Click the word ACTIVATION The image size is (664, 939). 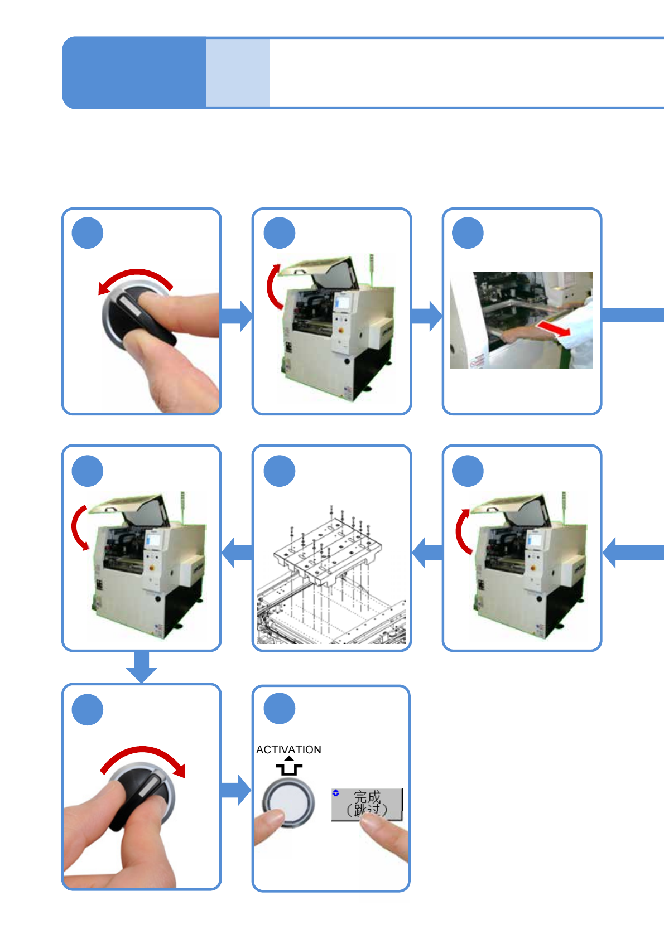tap(288, 749)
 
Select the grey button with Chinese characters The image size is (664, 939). tap(367, 804)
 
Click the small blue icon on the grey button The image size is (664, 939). tap(336, 792)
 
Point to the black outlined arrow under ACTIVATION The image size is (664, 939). tap(289, 766)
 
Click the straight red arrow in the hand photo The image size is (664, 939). tap(553, 328)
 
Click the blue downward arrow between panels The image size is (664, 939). tap(142, 666)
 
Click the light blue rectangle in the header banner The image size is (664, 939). tap(238, 72)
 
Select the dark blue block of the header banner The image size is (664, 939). tap(134, 72)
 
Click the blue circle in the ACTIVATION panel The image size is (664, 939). tap(280, 708)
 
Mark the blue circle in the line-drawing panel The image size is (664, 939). tap(280, 471)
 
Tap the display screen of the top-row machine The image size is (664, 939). tap(343, 302)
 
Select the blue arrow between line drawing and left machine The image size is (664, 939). tap(237, 553)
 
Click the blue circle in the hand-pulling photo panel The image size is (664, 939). tap(468, 233)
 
